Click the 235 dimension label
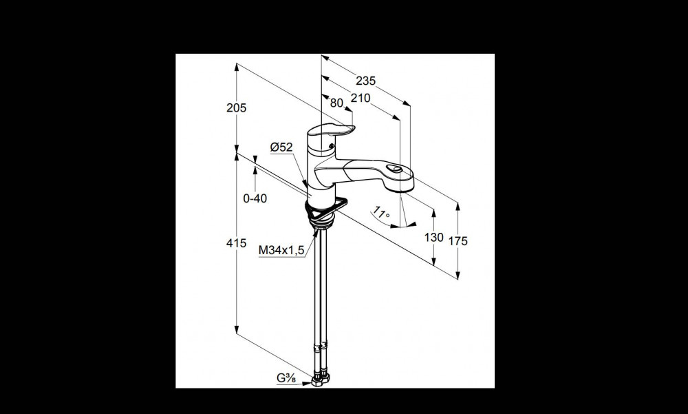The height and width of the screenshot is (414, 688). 365,81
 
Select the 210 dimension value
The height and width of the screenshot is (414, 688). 361,98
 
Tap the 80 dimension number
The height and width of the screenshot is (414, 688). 336,103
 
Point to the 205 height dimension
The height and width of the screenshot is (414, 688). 237,107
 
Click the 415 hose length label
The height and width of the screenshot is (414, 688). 237,242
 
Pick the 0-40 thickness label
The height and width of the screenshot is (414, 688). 255,198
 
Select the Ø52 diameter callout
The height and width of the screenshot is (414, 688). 281,147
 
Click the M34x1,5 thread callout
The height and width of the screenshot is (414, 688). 281,250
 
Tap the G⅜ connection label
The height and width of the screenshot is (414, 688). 286,378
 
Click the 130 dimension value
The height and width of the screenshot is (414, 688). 433,238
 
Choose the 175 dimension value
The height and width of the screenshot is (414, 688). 458,241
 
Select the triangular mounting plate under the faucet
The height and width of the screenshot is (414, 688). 327,208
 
